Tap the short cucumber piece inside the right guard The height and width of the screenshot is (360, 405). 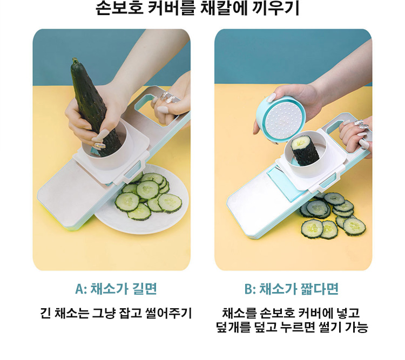click(305, 150)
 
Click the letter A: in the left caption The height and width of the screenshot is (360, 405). click(81, 289)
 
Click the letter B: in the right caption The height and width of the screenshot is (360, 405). click(250, 289)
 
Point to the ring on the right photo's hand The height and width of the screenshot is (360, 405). click(361, 125)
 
